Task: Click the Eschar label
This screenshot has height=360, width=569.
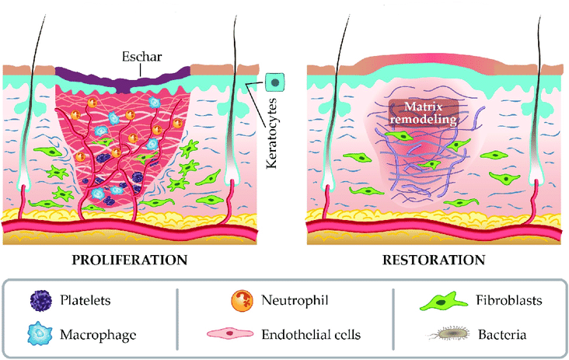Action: [140, 58]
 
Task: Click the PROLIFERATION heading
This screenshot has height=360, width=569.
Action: [140, 259]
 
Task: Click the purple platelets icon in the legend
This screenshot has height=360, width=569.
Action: [40, 300]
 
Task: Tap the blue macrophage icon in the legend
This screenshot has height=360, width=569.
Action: [40, 334]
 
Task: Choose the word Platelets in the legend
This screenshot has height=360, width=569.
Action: [86, 300]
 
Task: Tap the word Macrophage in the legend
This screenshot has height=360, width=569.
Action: [96, 335]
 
